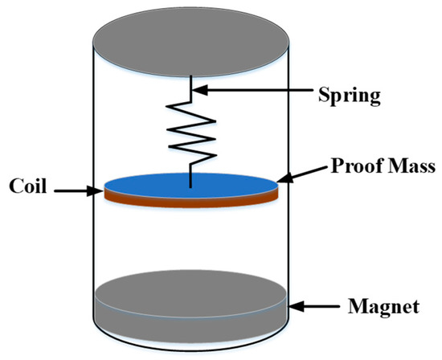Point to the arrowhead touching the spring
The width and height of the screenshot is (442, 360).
(x=197, y=93)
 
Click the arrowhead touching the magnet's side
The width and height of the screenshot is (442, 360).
(x=296, y=305)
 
